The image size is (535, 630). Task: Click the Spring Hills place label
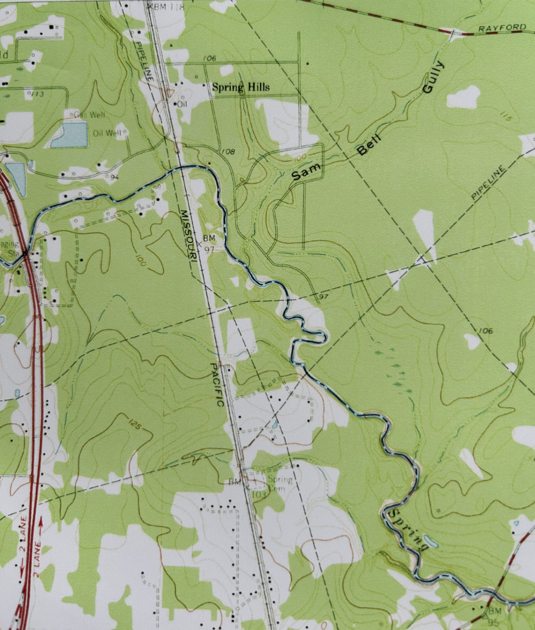tap(240, 87)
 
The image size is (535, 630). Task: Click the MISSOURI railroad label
tap(188, 235)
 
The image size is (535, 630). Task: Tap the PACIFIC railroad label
tap(217, 384)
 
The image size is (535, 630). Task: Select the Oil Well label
tap(107, 133)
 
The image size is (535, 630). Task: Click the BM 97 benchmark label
tap(209, 243)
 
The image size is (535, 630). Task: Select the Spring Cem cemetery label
tap(279, 484)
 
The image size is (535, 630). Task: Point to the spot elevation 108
tap(228, 151)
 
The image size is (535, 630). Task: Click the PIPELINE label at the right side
tap(489, 183)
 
